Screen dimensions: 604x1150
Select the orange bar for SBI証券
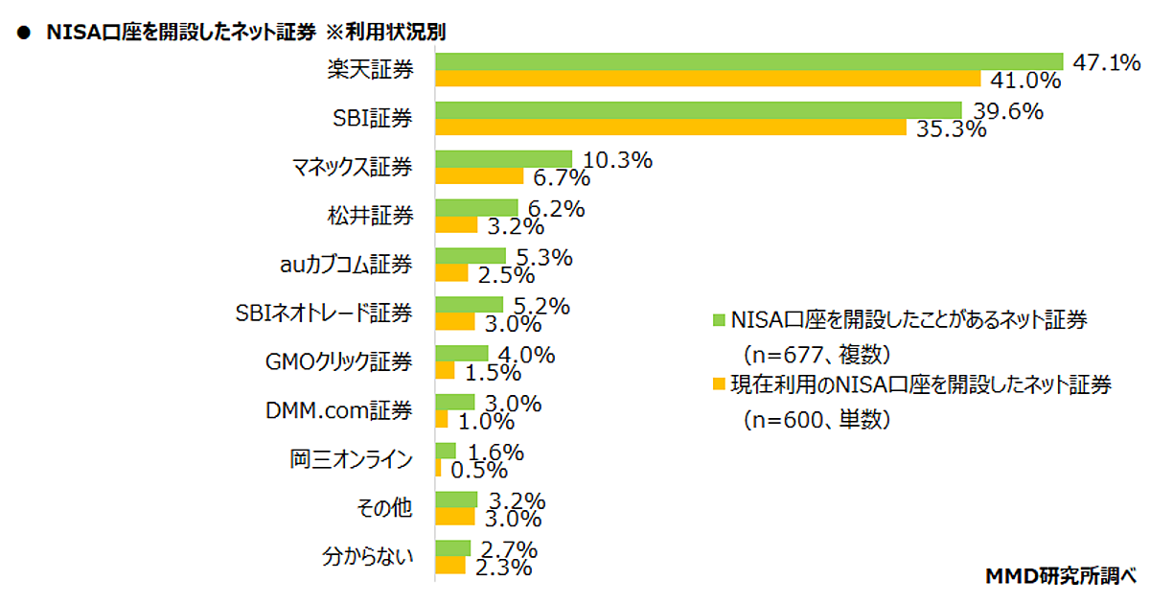click(x=671, y=128)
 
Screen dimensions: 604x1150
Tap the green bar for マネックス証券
click(x=504, y=159)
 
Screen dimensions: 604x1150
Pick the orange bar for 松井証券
click(x=456, y=224)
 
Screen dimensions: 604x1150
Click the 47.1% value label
click(x=1106, y=63)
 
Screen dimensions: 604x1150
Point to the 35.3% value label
click(x=953, y=128)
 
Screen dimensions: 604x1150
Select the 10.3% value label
click(x=618, y=161)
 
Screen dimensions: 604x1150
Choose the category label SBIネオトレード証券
click(x=324, y=313)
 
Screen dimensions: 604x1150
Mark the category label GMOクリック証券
click(x=338, y=361)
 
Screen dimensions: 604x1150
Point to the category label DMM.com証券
click(x=338, y=410)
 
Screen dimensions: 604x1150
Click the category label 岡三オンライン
click(x=351, y=459)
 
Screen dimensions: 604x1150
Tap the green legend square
click(x=718, y=320)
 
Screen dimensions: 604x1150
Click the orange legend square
click(x=718, y=386)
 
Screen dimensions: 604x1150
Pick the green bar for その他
click(x=456, y=499)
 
